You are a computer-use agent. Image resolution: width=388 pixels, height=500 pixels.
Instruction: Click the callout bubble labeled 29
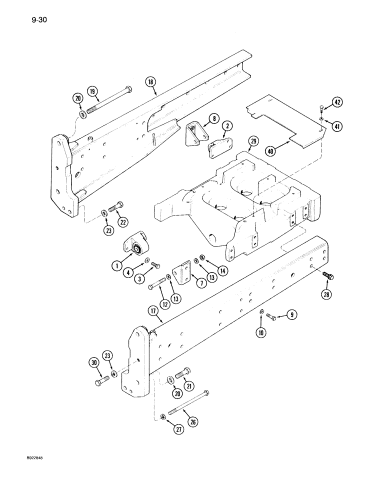[x=253, y=142]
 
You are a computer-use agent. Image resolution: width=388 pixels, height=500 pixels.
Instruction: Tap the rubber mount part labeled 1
[x=135, y=246]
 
